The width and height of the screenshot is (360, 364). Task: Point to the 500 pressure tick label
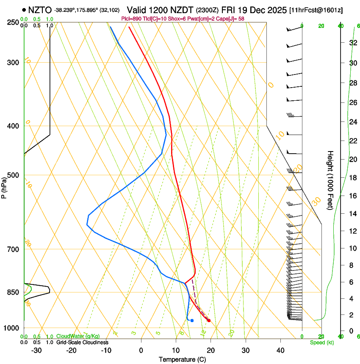pos(14,175)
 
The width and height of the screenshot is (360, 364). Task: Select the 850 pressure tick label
pos(14,292)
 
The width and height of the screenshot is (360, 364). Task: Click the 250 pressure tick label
pos(14,22)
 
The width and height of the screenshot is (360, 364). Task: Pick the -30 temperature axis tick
pos(36,350)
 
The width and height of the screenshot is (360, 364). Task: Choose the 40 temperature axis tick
pos(280,350)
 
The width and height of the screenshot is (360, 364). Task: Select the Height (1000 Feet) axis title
pos(331,180)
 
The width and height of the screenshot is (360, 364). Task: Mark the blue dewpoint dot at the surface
pos(192,320)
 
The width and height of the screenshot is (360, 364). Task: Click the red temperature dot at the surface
pos(209,320)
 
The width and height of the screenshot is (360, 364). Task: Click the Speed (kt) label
pos(321,342)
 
